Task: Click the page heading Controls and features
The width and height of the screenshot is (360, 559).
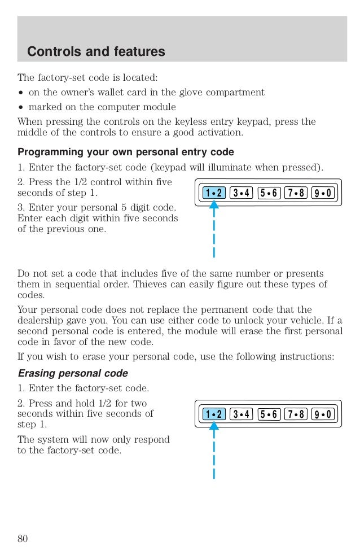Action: (x=96, y=52)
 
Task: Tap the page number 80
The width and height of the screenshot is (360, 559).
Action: (x=23, y=538)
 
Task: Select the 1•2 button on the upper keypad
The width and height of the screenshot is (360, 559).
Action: (x=214, y=193)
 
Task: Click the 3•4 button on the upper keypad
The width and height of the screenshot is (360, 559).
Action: (x=242, y=193)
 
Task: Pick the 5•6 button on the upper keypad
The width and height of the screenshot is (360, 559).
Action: (x=269, y=193)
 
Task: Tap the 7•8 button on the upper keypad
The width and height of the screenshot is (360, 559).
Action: (x=296, y=193)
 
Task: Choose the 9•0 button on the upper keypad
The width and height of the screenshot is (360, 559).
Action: (x=323, y=193)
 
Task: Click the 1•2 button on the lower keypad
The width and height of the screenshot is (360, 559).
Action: (x=214, y=414)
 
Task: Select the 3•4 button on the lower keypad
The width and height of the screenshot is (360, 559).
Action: (x=242, y=414)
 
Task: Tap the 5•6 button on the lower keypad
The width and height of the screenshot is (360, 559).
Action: (x=269, y=414)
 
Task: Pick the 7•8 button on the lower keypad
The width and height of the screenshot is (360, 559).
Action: (x=296, y=414)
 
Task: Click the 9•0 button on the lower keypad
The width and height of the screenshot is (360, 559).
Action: (x=323, y=414)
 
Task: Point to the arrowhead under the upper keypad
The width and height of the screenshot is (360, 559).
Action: (x=214, y=206)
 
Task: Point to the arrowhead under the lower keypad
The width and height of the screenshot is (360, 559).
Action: (x=214, y=427)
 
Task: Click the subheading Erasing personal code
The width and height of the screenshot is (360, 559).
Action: (x=73, y=373)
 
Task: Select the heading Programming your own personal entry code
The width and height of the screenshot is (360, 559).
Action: (x=126, y=152)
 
